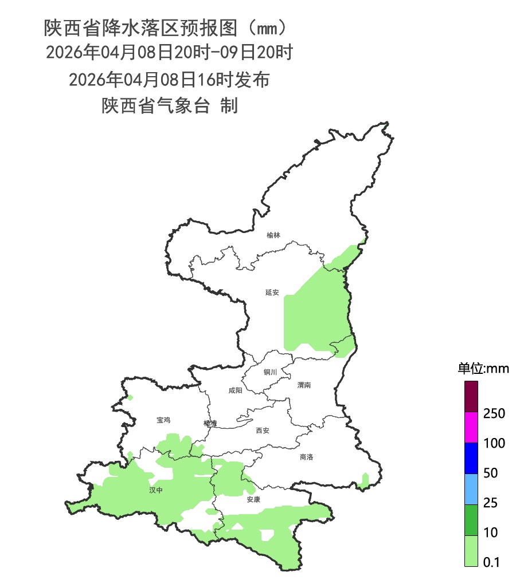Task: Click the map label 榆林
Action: point(273,235)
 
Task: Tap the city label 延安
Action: point(272,293)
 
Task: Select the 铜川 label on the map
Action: point(270,372)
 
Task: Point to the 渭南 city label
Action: point(304,385)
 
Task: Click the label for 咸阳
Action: point(235,390)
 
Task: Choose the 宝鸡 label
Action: point(163,420)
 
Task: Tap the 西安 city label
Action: point(262,431)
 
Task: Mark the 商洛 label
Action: point(307,457)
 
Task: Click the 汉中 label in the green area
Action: point(156,490)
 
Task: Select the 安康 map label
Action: point(253,499)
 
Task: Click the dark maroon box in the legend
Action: point(471,396)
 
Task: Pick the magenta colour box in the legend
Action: point(471,427)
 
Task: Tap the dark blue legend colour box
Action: point(471,458)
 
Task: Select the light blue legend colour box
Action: point(471,489)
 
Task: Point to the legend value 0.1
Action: point(492,563)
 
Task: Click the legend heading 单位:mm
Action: point(483,368)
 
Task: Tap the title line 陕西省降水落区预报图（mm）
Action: point(165,27)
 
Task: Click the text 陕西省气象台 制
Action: point(170,106)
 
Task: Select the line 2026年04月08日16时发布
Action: point(169,80)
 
